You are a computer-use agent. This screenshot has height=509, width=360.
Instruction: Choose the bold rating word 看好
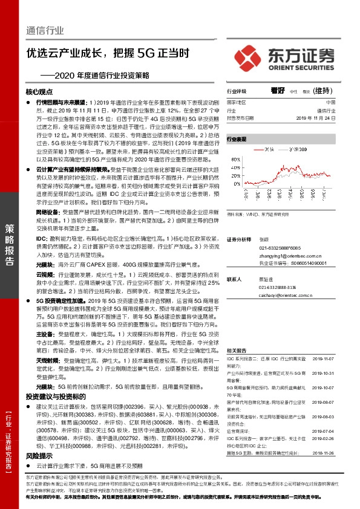coord(278,91)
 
